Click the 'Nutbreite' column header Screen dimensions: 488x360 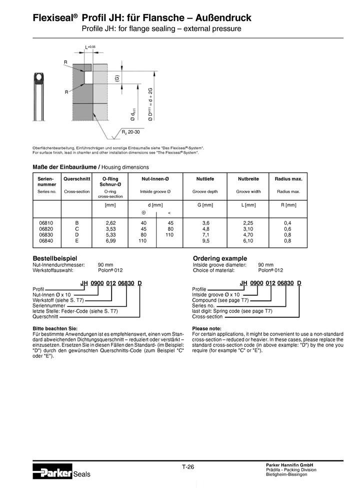tap(248, 179)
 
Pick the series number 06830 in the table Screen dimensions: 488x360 tap(46, 234)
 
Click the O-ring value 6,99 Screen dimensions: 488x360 tap(110, 241)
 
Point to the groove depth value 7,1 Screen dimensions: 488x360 tap(205, 234)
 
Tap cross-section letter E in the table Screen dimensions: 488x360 tap(76, 241)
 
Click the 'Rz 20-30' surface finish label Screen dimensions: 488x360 tap(131, 132)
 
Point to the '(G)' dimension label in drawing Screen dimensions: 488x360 tap(116, 79)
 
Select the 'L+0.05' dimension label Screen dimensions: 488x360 tap(90, 47)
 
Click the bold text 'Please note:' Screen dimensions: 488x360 tap(206, 328)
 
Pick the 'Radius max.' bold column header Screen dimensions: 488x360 tap(288, 179)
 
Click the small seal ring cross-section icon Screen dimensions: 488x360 tap(38, 79)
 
